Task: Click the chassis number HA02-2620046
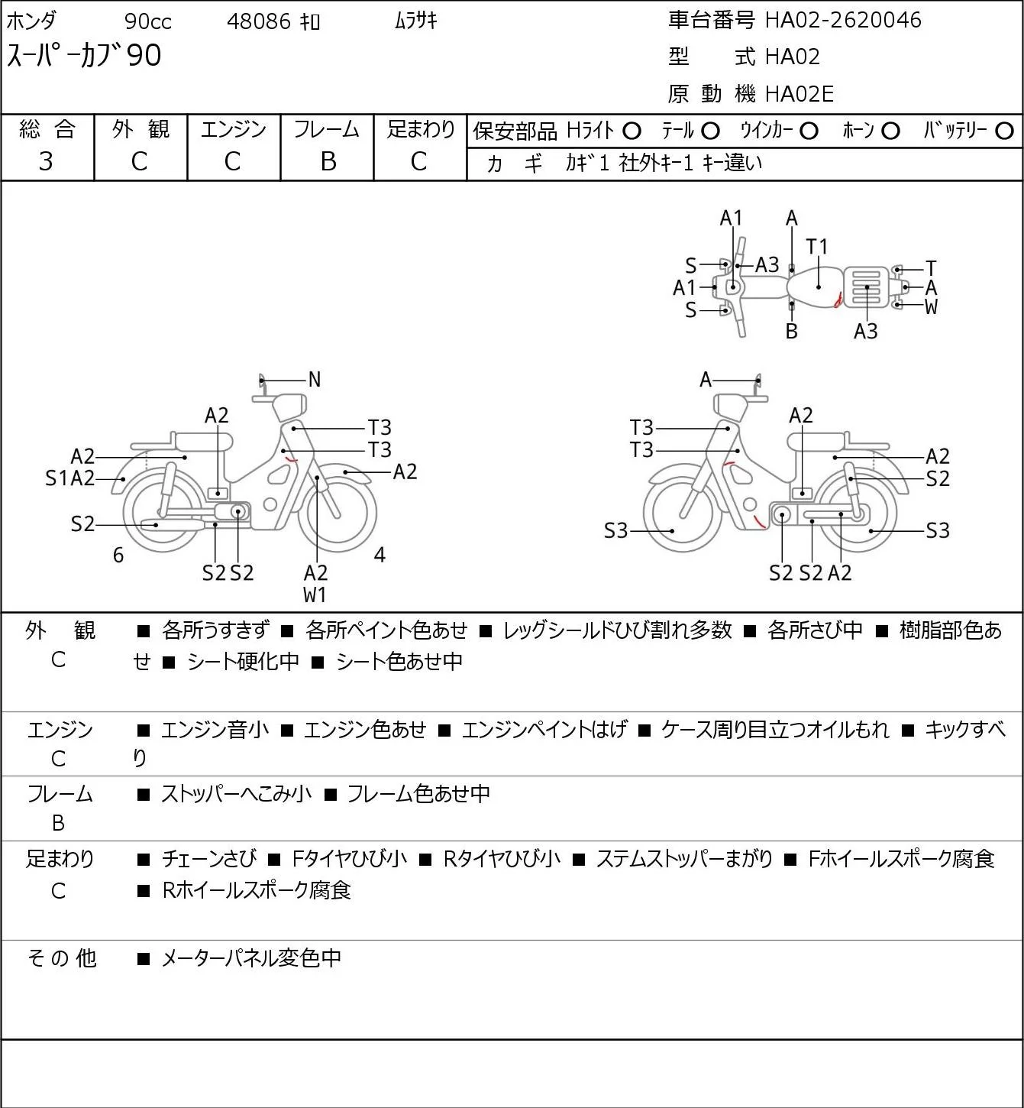click(843, 20)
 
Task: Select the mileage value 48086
click(259, 21)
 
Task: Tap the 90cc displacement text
click(148, 21)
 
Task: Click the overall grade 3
click(46, 161)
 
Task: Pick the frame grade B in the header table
click(328, 161)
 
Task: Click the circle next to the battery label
click(1004, 131)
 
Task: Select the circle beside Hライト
click(632, 131)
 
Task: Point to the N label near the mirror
click(315, 380)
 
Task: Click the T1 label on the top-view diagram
click(816, 247)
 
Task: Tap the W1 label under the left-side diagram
click(315, 594)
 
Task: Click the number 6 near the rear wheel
click(118, 555)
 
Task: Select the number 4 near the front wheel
click(380, 555)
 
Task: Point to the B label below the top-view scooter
click(791, 332)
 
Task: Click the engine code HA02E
click(799, 94)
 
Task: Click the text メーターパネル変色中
click(251, 958)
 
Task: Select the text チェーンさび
click(209, 859)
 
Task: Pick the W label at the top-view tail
click(931, 306)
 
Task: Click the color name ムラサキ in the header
click(416, 21)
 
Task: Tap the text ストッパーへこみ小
click(237, 793)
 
